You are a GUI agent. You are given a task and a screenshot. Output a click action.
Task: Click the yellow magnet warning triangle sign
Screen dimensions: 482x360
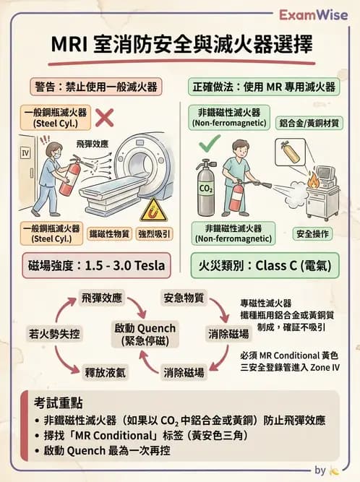tap(153, 210)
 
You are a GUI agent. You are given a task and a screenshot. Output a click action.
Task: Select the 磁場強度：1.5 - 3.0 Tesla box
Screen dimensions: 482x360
tap(95, 265)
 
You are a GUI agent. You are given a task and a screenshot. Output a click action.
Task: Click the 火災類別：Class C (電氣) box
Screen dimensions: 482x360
tap(264, 265)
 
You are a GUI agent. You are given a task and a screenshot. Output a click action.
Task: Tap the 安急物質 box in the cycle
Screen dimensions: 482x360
tap(184, 297)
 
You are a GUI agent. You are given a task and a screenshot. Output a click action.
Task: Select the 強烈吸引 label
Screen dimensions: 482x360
tap(153, 234)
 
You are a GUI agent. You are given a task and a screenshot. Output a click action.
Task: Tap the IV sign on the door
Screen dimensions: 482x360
tap(25, 153)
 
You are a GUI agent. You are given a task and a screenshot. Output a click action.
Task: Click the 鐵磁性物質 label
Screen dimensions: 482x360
tap(108, 234)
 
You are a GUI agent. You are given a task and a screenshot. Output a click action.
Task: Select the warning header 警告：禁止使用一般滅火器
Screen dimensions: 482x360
tap(95, 86)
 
